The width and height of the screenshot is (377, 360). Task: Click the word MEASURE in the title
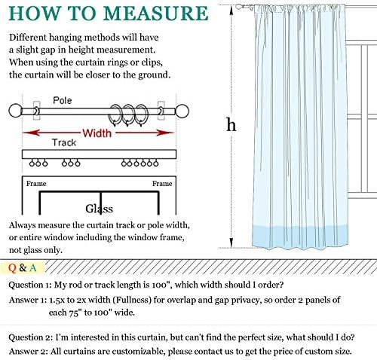pyautogui.click(x=156, y=13)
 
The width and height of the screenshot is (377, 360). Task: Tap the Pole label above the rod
pyautogui.click(x=63, y=100)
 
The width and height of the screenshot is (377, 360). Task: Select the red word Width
pyautogui.click(x=97, y=133)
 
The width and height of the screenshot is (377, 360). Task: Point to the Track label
pyautogui.click(x=64, y=142)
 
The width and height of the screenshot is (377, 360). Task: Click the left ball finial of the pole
pyautogui.click(x=16, y=111)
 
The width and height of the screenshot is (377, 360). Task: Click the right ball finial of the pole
pyautogui.click(x=182, y=111)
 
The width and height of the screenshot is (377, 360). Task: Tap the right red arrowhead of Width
pyautogui.click(x=165, y=133)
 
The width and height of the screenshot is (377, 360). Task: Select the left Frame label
pyautogui.click(x=36, y=184)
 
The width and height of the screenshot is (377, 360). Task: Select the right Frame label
pyautogui.click(x=162, y=184)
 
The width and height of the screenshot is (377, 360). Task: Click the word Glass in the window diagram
pyautogui.click(x=99, y=209)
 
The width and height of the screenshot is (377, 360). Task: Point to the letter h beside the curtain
pyautogui.click(x=231, y=124)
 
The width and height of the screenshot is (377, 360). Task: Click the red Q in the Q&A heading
pyautogui.click(x=12, y=268)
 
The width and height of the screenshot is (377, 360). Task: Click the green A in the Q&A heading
pyautogui.click(x=32, y=268)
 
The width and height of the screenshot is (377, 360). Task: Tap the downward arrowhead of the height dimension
pyautogui.click(x=231, y=243)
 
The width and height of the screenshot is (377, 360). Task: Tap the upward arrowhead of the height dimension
pyautogui.click(x=231, y=10)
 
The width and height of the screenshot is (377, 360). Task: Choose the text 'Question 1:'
pyautogui.click(x=30, y=285)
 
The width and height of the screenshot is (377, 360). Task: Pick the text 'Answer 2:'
pyautogui.click(x=28, y=351)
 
